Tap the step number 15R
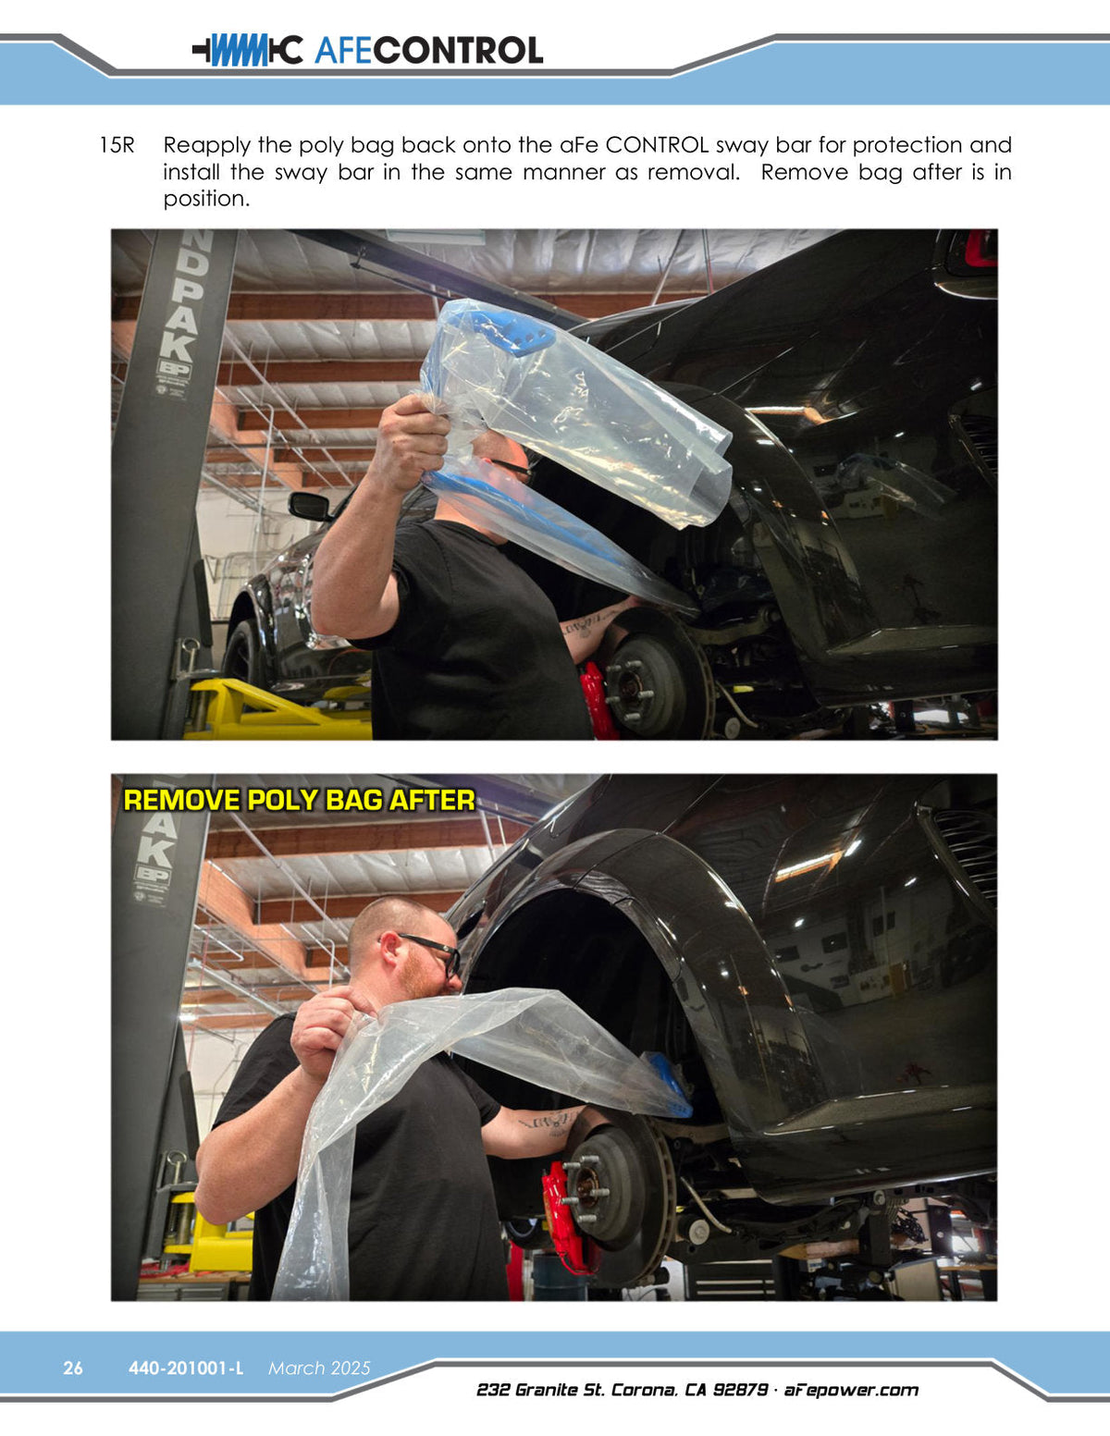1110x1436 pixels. point(117,145)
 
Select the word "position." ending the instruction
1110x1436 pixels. point(206,199)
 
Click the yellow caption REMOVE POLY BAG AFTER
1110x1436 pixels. point(300,800)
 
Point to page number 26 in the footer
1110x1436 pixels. point(73,1368)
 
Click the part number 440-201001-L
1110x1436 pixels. point(186,1368)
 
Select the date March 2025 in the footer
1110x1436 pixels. point(319,1368)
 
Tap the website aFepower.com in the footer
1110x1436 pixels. point(851,1391)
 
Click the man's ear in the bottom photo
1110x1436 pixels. point(390,952)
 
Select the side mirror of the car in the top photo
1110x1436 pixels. point(309,506)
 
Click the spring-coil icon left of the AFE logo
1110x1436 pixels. point(247,50)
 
